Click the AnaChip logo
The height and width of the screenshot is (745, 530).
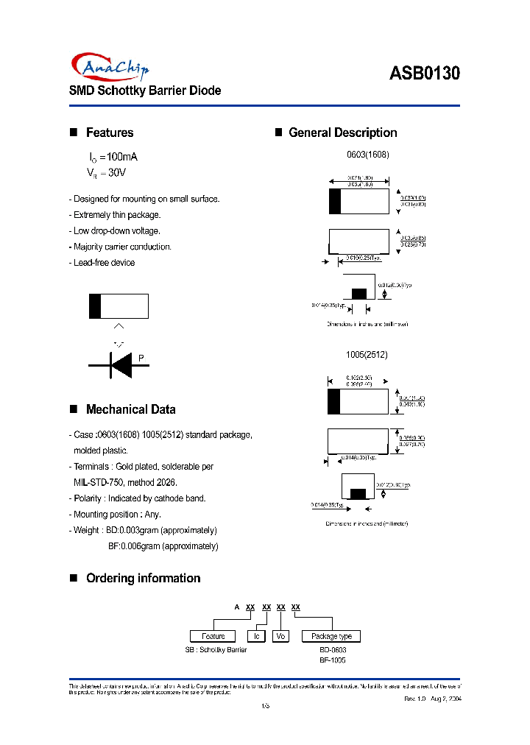(x=110, y=68)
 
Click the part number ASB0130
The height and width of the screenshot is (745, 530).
(x=425, y=74)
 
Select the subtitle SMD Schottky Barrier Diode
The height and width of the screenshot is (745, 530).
(x=145, y=91)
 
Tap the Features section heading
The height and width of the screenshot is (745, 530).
(x=110, y=133)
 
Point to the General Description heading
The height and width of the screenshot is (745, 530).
(x=342, y=133)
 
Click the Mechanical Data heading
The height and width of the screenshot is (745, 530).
(x=130, y=409)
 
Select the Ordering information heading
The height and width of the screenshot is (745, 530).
(x=143, y=578)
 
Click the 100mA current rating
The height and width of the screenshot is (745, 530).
(x=122, y=158)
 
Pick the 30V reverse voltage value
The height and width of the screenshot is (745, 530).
(x=116, y=173)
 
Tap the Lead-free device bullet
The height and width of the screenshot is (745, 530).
(x=104, y=263)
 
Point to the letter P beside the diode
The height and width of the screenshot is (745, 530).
(x=141, y=359)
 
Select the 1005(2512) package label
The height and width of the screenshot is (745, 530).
(x=367, y=354)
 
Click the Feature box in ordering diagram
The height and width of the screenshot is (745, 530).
(x=213, y=636)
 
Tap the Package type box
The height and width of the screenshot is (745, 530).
(x=331, y=636)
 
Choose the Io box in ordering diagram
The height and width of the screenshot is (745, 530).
(x=257, y=636)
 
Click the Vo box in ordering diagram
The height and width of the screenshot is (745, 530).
(x=280, y=636)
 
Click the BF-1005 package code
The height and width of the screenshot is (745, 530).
(x=333, y=660)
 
